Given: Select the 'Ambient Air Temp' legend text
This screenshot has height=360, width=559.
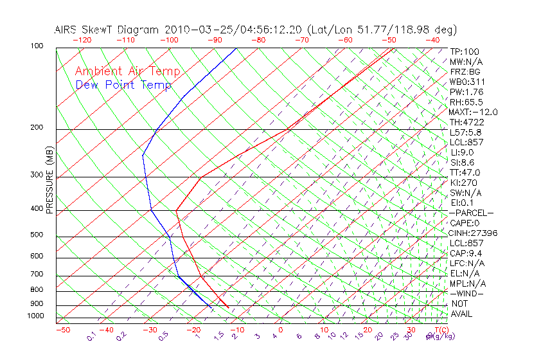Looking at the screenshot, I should click(127, 72).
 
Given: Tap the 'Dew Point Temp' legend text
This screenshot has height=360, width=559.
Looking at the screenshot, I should click(123, 85).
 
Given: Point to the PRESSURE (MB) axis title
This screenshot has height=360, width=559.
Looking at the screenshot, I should click(49, 180).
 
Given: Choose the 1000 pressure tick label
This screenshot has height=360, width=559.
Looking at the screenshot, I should click(37, 316).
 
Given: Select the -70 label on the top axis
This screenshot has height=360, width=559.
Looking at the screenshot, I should click(301, 40).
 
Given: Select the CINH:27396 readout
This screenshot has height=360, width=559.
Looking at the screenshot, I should click(474, 233).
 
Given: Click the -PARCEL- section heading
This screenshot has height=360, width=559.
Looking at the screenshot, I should click(472, 213).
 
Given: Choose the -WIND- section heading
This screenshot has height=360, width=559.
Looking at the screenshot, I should click(467, 293).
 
